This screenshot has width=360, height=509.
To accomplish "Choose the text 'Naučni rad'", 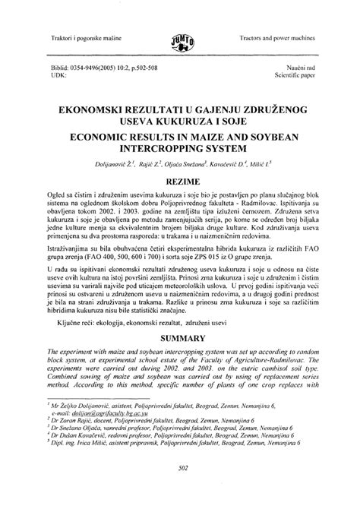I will coord(300,67).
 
